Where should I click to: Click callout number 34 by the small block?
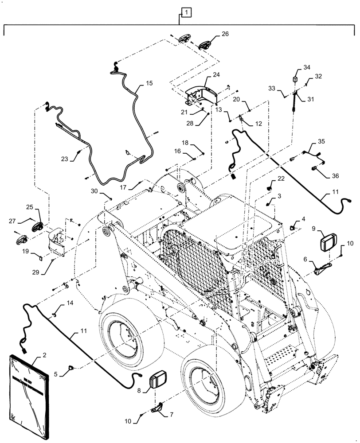(x=307, y=67)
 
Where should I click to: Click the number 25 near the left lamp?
(x=29, y=207)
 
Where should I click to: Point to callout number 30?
(x=94, y=191)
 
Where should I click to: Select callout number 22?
(x=281, y=179)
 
